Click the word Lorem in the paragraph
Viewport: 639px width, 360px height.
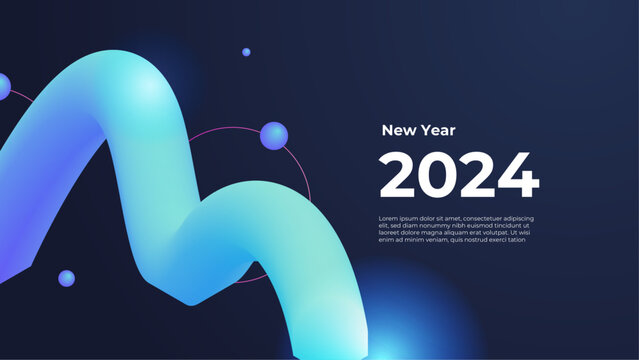click(389, 218)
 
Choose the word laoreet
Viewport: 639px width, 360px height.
click(390, 232)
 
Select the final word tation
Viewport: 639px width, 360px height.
click(516, 239)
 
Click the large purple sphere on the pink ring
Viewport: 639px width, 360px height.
click(273, 136)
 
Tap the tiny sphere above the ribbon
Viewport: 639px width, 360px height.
click(246, 52)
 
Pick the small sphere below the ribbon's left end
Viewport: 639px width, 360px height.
click(66, 278)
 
